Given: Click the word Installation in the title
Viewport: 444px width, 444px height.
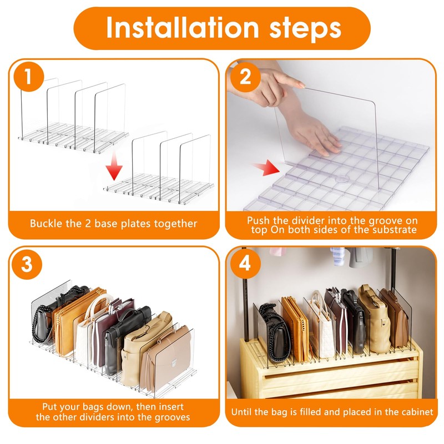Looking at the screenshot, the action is click(183, 28).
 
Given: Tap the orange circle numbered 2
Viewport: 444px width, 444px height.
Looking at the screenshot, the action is click(245, 77).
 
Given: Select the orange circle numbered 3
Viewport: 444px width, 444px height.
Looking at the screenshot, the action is click(27, 264).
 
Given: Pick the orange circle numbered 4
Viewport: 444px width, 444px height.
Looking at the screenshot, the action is click(245, 264).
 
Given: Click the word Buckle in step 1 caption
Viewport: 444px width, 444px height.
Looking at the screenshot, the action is click(47, 224).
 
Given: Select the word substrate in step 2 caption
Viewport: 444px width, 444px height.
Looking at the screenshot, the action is click(395, 230).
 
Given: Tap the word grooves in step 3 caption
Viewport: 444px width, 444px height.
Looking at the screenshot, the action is click(172, 417).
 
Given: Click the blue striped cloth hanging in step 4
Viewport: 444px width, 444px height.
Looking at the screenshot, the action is click(338, 256).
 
